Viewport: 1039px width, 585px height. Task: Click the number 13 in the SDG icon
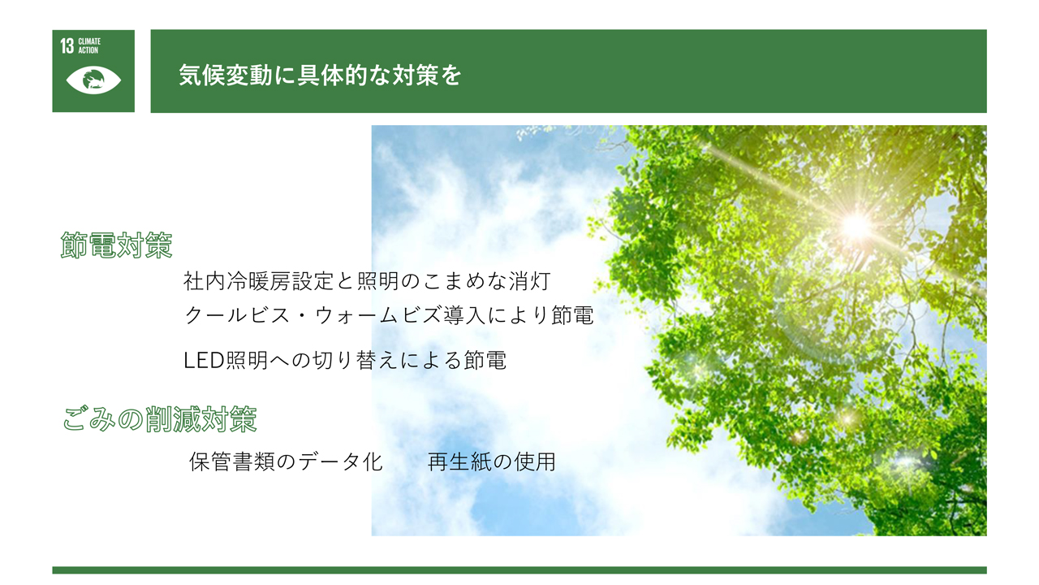[x=67, y=46]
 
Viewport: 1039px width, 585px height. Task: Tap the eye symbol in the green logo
[x=93, y=80]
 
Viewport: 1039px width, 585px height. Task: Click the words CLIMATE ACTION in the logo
[x=89, y=46]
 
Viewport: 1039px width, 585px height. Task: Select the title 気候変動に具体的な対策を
[x=320, y=75]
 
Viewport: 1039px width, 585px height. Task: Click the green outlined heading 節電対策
[x=116, y=245]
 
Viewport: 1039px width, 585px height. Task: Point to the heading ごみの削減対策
[x=160, y=419]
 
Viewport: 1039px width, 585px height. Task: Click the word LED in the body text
[x=204, y=360]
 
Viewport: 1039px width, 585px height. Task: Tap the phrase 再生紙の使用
[x=492, y=461]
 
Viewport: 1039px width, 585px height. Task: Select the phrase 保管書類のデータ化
[x=286, y=461]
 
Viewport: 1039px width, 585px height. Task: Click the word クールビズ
[x=237, y=315]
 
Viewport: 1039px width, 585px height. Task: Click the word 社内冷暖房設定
[x=258, y=281]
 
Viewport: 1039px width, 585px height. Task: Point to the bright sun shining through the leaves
[x=856, y=226]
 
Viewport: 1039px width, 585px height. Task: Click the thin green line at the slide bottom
[x=519, y=570]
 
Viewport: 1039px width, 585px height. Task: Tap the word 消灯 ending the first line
[x=530, y=281]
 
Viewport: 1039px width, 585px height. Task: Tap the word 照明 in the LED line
[x=247, y=360]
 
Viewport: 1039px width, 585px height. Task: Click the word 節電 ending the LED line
[x=485, y=360]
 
